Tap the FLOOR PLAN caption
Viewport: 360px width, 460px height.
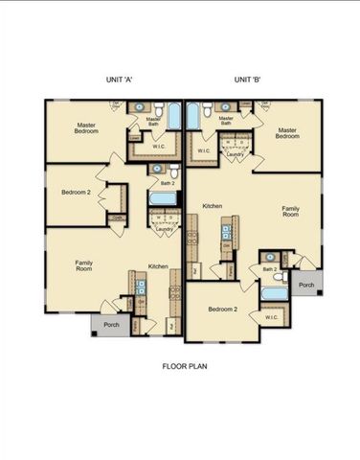(x=185, y=365)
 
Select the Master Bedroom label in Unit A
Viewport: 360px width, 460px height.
(x=90, y=128)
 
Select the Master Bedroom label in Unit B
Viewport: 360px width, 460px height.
(x=291, y=132)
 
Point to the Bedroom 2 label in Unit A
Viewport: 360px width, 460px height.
(x=76, y=193)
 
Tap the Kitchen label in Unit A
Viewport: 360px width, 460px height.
(x=158, y=265)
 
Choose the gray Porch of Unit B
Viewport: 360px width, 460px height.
(x=305, y=285)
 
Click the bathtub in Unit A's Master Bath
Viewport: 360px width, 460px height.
(x=174, y=117)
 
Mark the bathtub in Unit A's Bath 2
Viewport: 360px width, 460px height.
(x=162, y=199)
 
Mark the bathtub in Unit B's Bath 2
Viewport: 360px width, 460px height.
(x=274, y=293)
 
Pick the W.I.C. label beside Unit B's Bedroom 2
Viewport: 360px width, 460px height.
(x=271, y=317)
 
